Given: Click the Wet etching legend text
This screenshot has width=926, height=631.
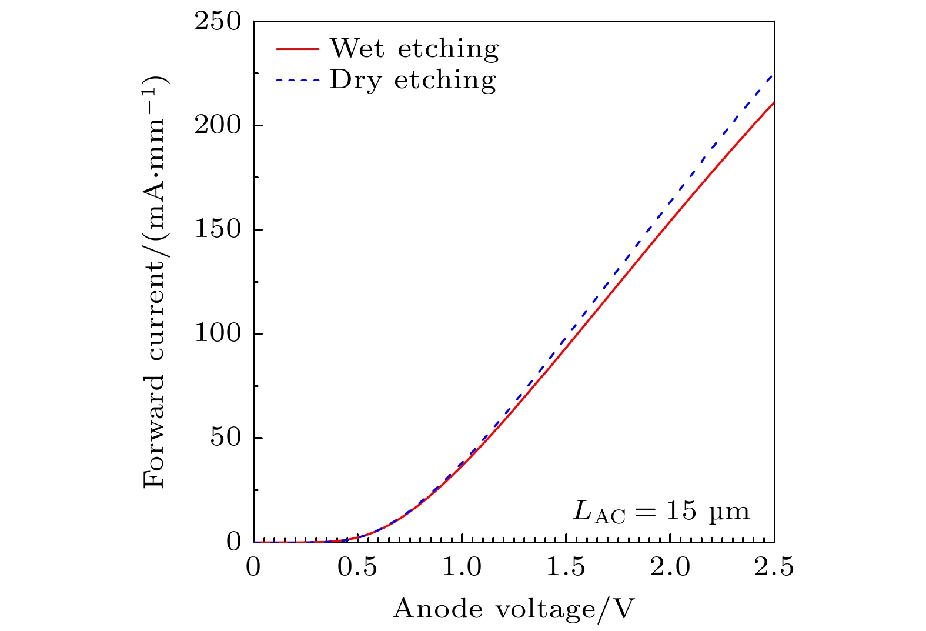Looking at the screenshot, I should [x=414, y=49].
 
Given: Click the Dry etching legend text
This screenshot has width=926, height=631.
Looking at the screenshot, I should [x=412, y=80].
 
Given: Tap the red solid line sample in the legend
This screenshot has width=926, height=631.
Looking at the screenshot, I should [x=297, y=49].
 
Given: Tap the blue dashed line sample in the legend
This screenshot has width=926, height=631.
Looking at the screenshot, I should [x=297, y=80].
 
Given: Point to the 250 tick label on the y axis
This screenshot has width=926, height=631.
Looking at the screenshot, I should [x=218, y=22].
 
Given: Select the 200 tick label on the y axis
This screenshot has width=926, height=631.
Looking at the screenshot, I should [x=218, y=126].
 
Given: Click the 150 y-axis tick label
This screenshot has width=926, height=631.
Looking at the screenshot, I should [x=218, y=230].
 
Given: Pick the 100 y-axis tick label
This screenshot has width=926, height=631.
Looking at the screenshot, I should [x=218, y=334].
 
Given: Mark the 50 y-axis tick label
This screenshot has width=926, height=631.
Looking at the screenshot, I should [x=226, y=438].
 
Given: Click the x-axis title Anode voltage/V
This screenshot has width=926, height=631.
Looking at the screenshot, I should [x=514, y=610].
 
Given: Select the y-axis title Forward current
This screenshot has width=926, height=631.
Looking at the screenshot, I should [x=155, y=282].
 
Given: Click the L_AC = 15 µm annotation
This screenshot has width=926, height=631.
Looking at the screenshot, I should [x=661, y=512].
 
